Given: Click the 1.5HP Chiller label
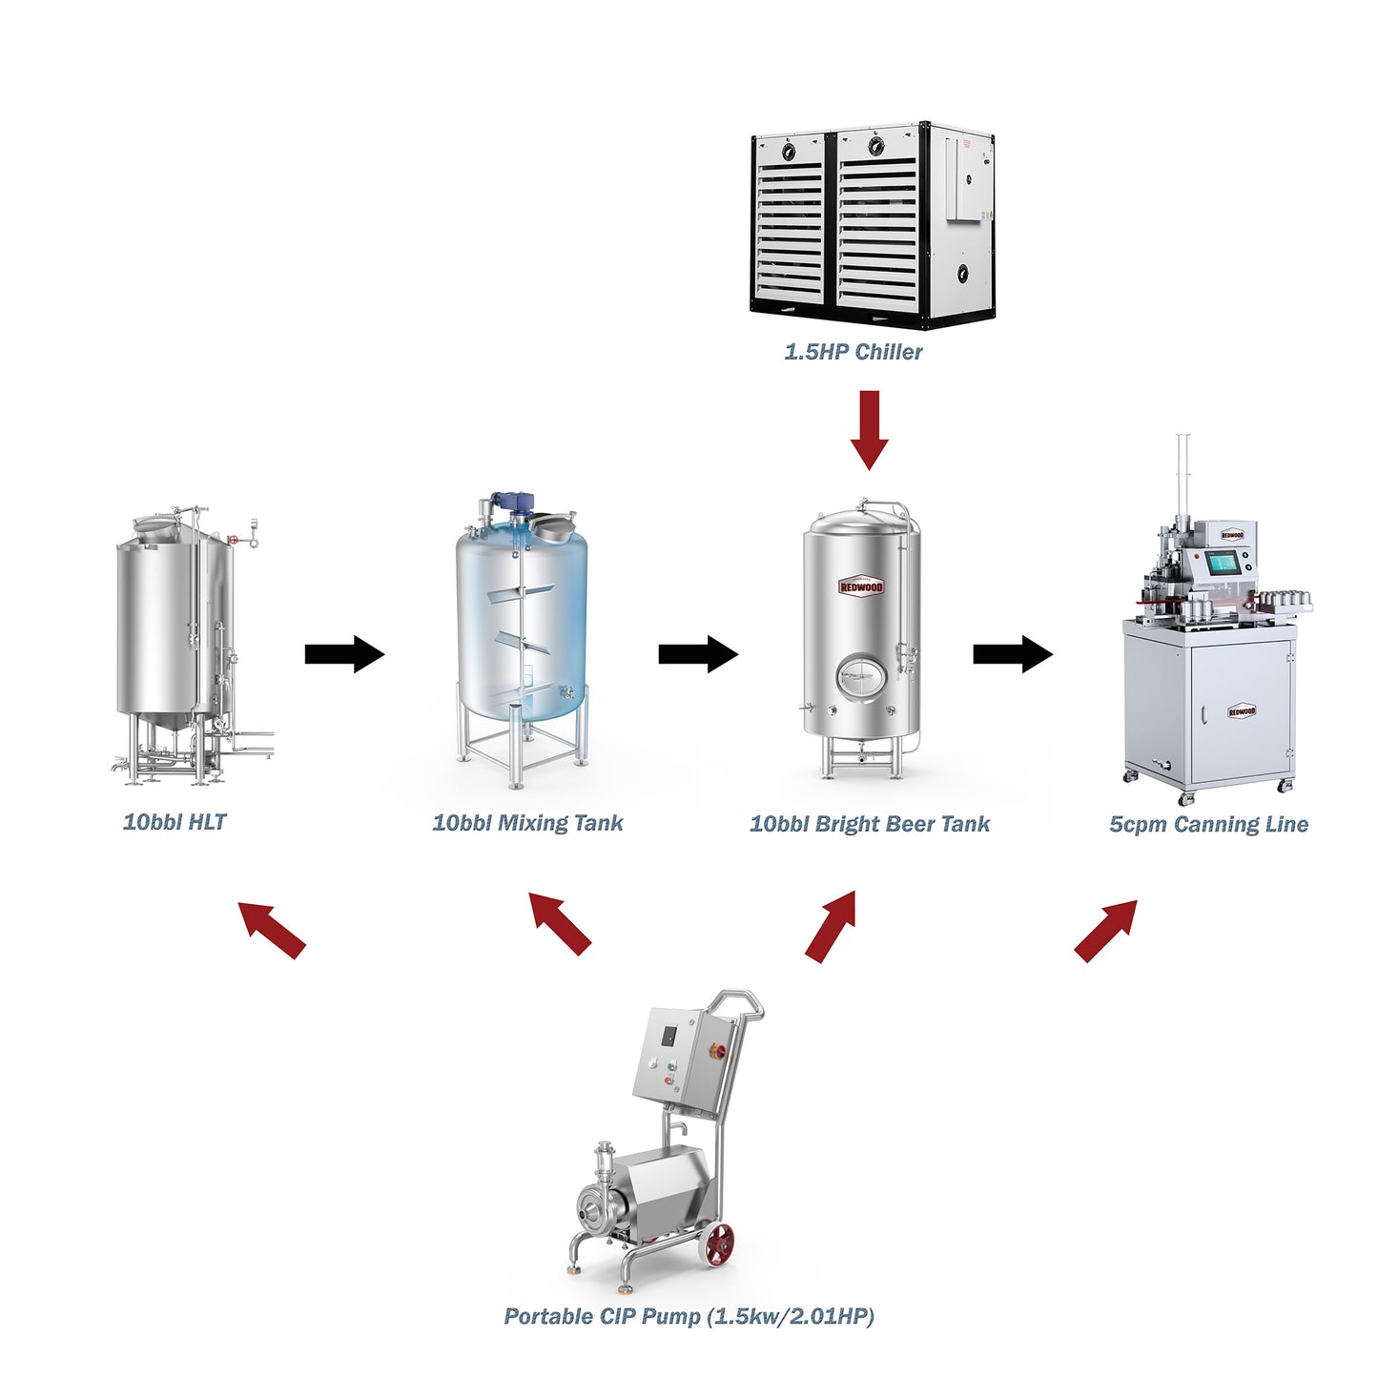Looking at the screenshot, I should [853, 352].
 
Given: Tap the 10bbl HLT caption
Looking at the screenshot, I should [175, 822].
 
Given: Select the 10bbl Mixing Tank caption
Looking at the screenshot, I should [527, 823].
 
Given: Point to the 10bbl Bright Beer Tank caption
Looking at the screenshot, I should [870, 824].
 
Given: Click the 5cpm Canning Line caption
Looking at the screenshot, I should [1208, 824].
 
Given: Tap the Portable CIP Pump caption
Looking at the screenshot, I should [689, 1316].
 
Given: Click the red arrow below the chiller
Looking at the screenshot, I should [869, 429].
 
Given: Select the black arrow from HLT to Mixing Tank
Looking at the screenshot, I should [344, 654].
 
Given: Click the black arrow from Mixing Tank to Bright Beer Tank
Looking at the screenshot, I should [698, 654].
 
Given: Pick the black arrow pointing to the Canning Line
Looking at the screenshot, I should [1013, 654].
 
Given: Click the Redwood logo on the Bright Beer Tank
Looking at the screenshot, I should [861, 586].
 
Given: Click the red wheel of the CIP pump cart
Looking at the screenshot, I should [719, 1244].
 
